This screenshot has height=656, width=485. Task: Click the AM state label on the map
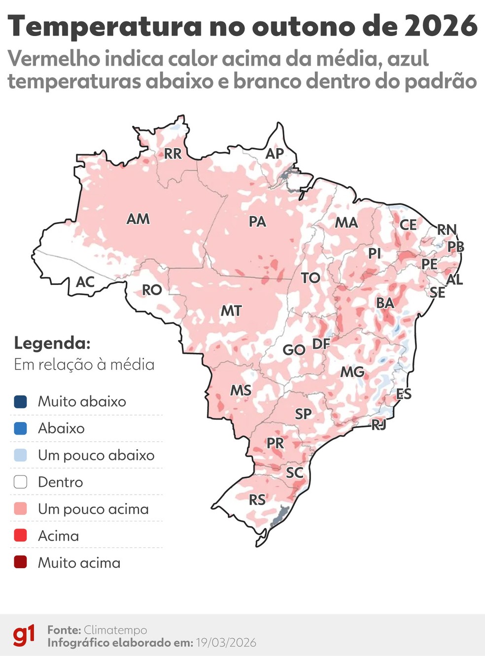138,219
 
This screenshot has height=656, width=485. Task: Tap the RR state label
173,154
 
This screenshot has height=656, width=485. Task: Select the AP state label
275,154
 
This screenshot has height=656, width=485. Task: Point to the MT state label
231,311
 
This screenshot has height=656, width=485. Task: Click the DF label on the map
321,344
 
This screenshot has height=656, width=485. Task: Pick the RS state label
257,500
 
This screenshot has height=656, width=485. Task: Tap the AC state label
85,282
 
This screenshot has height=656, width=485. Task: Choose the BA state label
385,303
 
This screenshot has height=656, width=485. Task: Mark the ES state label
404,394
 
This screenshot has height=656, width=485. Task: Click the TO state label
311,278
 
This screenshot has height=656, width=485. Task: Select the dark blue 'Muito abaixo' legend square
21,402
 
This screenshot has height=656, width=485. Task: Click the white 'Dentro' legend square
21,482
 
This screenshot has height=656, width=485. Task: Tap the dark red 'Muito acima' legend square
21,563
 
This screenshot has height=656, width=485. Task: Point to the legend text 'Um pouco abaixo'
96,455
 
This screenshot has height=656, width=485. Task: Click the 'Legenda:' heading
52,343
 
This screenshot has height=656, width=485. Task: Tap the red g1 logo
24,636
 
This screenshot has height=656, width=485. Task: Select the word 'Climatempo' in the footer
115,630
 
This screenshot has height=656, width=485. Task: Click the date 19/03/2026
226,643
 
